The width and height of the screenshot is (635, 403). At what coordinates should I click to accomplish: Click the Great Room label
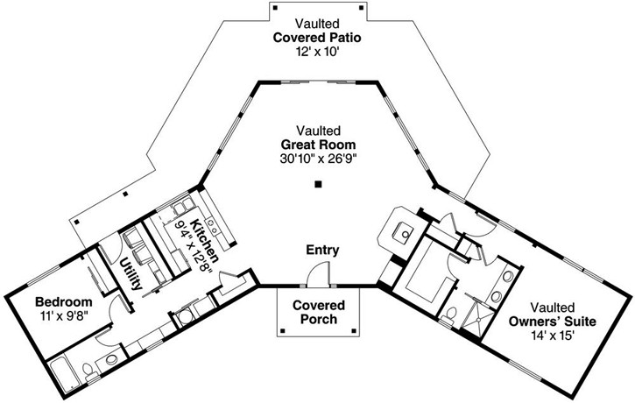pos(318,145)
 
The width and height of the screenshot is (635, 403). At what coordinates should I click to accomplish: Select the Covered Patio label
pos(316,38)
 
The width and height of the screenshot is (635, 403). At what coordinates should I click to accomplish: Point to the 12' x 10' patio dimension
pos(316,52)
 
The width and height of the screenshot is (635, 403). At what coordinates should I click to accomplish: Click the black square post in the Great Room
pos(319,184)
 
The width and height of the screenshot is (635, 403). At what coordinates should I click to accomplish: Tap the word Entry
pos(321,251)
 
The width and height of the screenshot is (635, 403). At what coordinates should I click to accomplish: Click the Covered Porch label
pos(318,313)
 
